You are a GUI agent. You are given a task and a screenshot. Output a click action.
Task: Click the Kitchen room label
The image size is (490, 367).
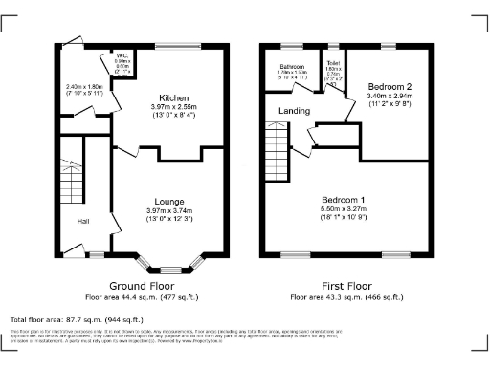click(173, 97)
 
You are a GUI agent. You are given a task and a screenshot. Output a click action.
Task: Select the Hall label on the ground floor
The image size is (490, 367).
click(85, 222)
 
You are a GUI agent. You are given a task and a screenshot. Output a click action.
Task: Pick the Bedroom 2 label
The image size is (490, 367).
click(388, 86)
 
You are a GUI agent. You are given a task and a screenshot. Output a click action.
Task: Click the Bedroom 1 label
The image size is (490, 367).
click(343, 198)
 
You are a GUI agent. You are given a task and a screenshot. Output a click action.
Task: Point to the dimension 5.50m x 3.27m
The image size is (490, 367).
click(343, 207)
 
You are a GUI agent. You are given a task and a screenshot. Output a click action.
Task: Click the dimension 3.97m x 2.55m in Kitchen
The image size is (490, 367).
click(173, 107)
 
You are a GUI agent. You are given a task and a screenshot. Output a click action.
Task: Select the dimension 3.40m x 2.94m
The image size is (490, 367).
click(388, 96)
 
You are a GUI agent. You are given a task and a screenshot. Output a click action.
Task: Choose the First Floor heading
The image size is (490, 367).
click(345, 285)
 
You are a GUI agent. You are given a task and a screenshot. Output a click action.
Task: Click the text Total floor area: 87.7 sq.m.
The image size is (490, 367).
click(77, 319)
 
